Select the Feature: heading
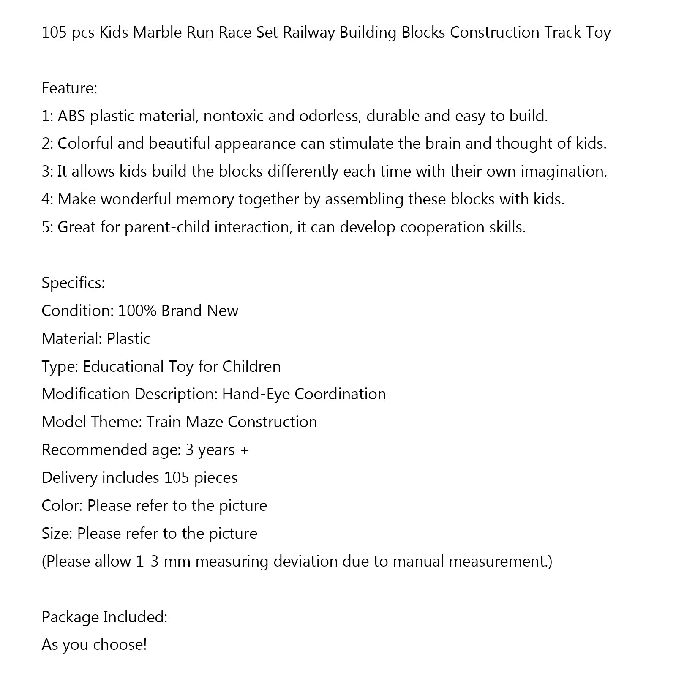pyautogui.click(x=69, y=88)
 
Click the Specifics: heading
pyautogui.click(x=73, y=283)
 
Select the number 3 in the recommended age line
pyautogui.click(x=190, y=450)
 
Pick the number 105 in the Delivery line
pyautogui.click(x=176, y=477)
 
